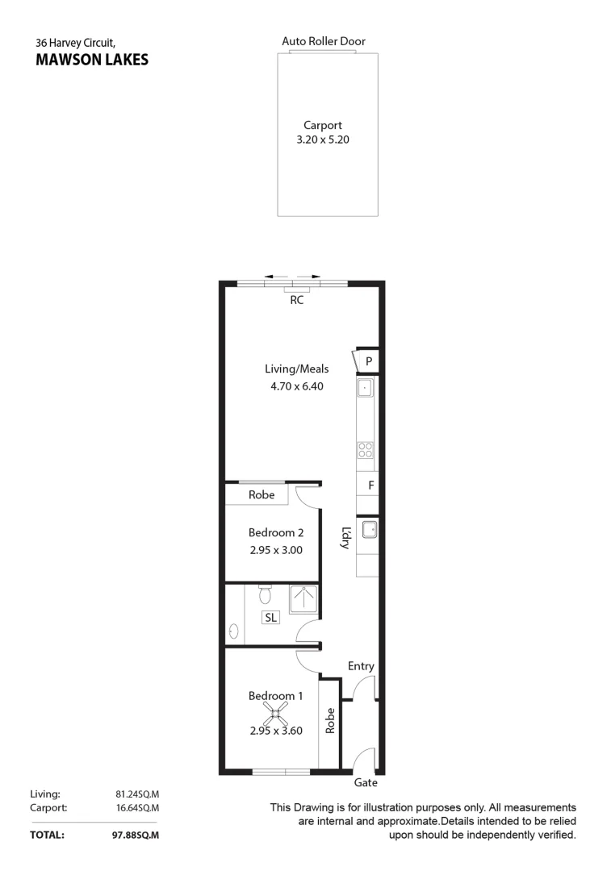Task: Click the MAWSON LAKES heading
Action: (x=92, y=59)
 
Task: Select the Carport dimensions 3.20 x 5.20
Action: (x=323, y=140)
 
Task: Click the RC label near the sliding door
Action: (x=297, y=300)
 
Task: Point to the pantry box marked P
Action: (x=368, y=361)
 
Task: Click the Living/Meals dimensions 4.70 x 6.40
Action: (x=297, y=386)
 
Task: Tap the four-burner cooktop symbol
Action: (x=366, y=450)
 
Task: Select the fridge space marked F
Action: (x=370, y=486)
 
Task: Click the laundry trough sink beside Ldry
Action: (x=369, y=530)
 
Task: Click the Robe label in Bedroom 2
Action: (x=262, y=494)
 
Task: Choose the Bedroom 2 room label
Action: (x=275, y=532)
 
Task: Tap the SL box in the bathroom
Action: (x=270, y=617)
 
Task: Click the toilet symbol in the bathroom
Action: (x=265, y=595)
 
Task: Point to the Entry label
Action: (x=361, y=666)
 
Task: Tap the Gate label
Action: (x=365, y=782)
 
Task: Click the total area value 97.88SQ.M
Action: (x=135, y=836)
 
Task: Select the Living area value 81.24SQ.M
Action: (x=137, y=794)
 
